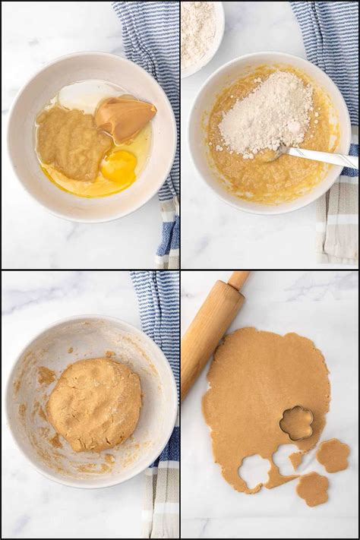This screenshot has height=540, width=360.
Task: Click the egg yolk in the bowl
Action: pos(118,167)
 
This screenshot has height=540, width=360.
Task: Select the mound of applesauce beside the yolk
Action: pos(74,142)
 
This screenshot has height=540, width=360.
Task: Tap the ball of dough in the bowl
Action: pos(94,404)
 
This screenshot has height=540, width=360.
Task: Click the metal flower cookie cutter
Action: pos(296,422)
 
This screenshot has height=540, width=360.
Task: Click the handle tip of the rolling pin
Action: pos(238,280)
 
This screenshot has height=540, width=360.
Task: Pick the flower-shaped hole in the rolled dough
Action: pos(254,471)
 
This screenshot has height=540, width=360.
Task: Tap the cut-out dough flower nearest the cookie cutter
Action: pos(333,455)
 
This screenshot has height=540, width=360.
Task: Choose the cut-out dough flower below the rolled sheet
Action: pos(312,488)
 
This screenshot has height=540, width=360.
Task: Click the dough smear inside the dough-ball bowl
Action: pos(46,376)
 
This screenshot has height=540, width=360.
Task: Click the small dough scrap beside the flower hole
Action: pos(295,460)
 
